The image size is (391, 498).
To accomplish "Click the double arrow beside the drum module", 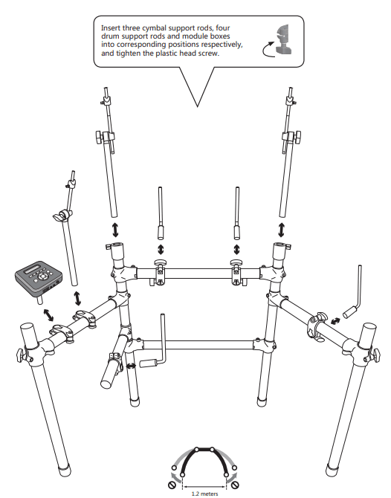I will [49, 314].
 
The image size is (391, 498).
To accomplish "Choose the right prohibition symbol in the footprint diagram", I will [237, 485].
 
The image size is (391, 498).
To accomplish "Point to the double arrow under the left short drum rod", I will [161, 248].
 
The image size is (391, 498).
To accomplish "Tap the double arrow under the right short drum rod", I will [237, 248].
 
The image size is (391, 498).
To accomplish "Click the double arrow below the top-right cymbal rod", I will [280, 227].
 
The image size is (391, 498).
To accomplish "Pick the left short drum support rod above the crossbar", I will [161, 212].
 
